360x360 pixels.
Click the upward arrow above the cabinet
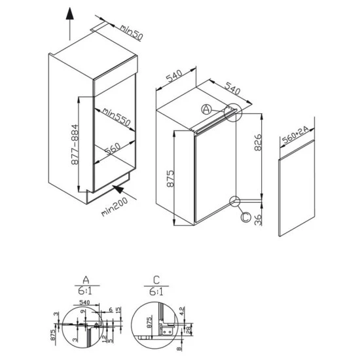pos(69,26)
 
